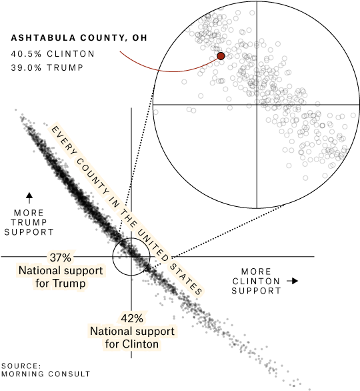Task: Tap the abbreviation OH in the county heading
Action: pyautogui.click(x=140, y=38)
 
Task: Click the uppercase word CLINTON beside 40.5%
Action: pyautogui.click(x=71, y=54)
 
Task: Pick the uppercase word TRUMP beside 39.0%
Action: pyautogui.click(x=66, y=68)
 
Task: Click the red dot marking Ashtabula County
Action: pyautogui.click(x=221, y=56)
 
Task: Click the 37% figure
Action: pyautogui.click(x=60, y=258)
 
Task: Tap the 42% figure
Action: pyautogui.click(x=132, y=318)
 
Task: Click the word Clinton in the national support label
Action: pyautogui.click(x=141, y=344)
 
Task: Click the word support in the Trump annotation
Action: pyautogui.click(x=83, y=271)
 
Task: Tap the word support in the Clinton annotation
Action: pyautogui.click(x=155, y=332)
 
